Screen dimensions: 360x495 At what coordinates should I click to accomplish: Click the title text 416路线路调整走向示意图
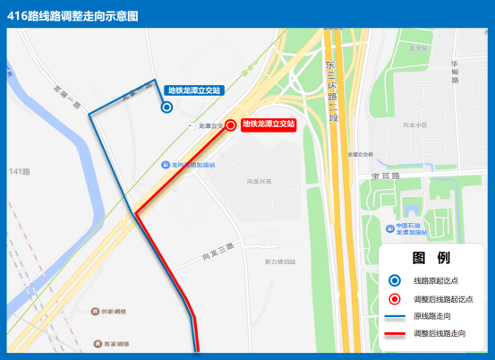73,14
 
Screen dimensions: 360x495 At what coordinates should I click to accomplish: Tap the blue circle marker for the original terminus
166,107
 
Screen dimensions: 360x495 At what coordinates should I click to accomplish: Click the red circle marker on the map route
231,125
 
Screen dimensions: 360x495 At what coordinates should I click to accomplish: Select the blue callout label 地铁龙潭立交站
194,90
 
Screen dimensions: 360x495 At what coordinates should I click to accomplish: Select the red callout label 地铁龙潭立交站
269,124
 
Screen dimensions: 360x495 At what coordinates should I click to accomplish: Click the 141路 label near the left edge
19,171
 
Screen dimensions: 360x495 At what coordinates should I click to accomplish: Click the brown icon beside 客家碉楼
98,343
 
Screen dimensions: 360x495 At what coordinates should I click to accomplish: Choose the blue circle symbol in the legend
396,280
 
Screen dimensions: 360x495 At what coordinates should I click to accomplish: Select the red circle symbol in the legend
396,299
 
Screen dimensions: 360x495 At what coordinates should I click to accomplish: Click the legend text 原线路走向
438,317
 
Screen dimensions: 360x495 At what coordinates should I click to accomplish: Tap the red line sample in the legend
396,335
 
